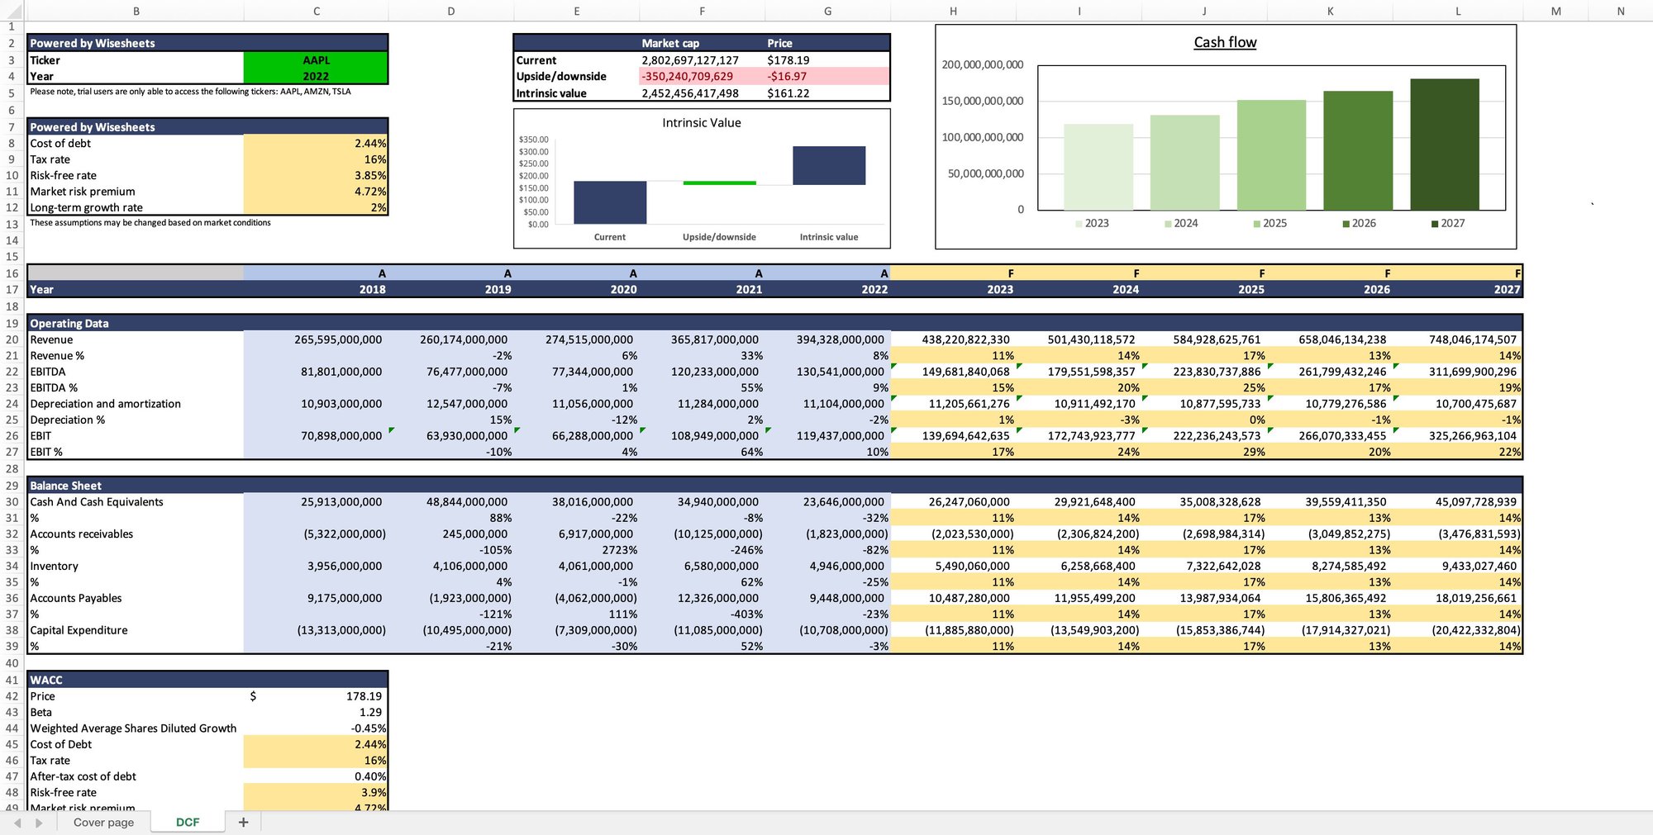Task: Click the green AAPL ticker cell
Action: (316, 60)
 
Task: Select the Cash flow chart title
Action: (1225, 42)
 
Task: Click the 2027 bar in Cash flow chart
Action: (1444, 145)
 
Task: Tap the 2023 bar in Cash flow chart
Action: (1098, 167)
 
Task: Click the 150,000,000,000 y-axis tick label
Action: (982, 101)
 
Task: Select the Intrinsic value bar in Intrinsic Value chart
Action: (828, 165)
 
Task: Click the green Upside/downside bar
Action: (719, 183)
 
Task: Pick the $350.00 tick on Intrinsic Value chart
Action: (533, 140)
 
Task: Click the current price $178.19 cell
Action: (788, 60)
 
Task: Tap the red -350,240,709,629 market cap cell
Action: (687, 76)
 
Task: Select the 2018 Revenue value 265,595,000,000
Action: (338, 339)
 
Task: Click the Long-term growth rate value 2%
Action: (379, 207)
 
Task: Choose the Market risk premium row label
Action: (83, 192)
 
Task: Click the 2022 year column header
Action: (874, 289)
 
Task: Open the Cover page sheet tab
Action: (103, 822)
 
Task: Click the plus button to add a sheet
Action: (243, 822)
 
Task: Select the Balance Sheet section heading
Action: (66, 486)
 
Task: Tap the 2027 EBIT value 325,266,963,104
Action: (1472, 436)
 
